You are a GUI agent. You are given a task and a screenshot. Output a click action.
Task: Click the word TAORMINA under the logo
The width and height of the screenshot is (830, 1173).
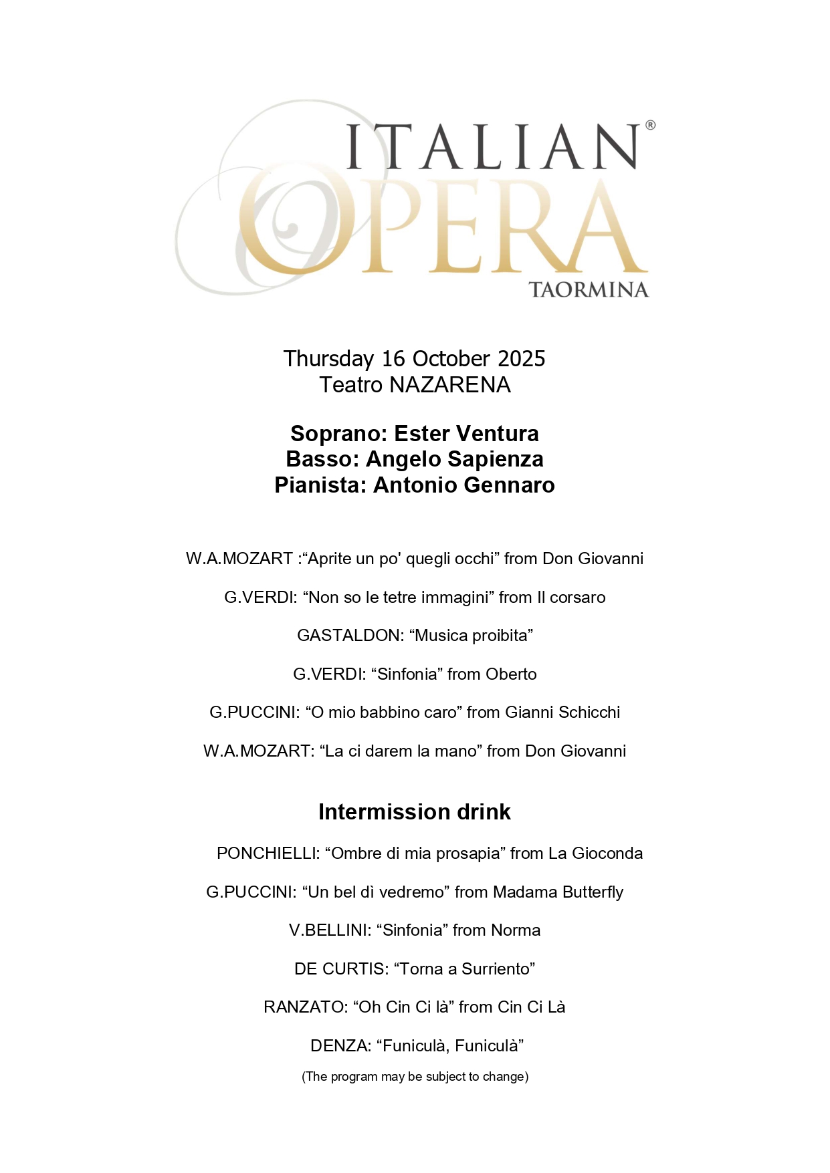pos(589,290)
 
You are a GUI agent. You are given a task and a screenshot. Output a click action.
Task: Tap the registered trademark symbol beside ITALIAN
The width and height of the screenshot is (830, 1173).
pos(650,125)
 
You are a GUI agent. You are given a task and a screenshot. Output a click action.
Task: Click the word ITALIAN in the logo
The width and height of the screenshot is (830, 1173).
pos(492,146)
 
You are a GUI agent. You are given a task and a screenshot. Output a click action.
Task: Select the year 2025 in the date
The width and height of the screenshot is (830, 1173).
pos(522,359)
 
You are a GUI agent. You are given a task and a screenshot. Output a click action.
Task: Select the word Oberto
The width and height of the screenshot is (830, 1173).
pos(511,674)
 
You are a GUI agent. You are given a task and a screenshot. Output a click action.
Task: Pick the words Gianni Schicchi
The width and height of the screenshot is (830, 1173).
pos(562,712)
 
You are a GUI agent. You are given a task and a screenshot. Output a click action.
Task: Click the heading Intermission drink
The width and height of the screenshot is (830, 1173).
pos(415,812)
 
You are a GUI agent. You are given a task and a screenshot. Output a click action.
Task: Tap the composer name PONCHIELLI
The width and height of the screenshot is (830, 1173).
pos(266,854)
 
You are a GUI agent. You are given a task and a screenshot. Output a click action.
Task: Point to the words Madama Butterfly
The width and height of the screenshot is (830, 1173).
pos(558,892)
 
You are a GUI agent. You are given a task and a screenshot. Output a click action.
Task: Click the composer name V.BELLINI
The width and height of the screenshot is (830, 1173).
pos(328,930)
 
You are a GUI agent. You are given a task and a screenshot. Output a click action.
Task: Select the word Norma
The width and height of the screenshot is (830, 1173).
pos(516,930)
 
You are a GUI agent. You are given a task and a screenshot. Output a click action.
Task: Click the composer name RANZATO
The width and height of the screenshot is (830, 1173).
pos(304,1007)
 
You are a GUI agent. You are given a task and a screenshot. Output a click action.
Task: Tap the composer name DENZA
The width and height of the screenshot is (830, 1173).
pos(339,1046)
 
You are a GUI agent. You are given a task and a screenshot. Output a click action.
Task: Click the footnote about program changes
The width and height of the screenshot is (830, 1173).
pos(415,1077)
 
